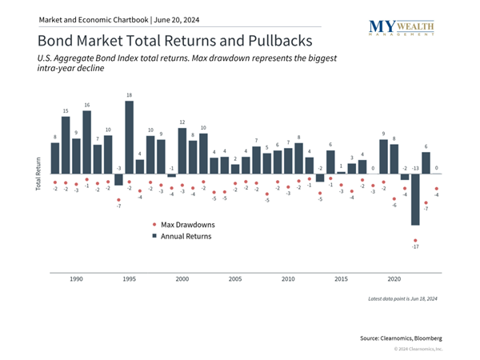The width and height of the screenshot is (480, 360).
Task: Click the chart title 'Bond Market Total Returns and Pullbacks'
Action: tap(175, 39)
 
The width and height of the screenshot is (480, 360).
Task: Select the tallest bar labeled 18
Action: tap(129, 138)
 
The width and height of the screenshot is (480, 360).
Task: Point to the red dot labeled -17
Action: tap(415, 240)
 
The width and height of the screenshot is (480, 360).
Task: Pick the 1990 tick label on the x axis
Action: tap(76, 280)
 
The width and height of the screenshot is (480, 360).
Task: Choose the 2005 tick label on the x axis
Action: tap(235, 280)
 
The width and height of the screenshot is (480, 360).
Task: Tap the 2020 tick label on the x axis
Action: tap(394, 280)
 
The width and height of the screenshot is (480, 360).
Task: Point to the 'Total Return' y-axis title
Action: tap(38, 174)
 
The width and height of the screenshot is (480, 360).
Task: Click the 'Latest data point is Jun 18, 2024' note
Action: tap(402, 299)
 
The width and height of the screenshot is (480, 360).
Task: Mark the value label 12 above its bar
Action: tap(182, 122)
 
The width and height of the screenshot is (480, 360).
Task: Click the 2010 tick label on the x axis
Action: tap(288, 280)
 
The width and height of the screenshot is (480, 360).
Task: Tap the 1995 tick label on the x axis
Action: tap(129, 280)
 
